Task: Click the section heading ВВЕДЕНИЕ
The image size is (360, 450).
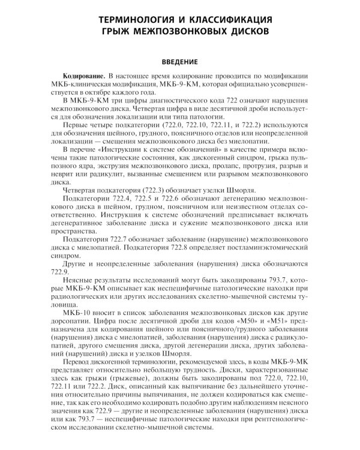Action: (x=179, y=62)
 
